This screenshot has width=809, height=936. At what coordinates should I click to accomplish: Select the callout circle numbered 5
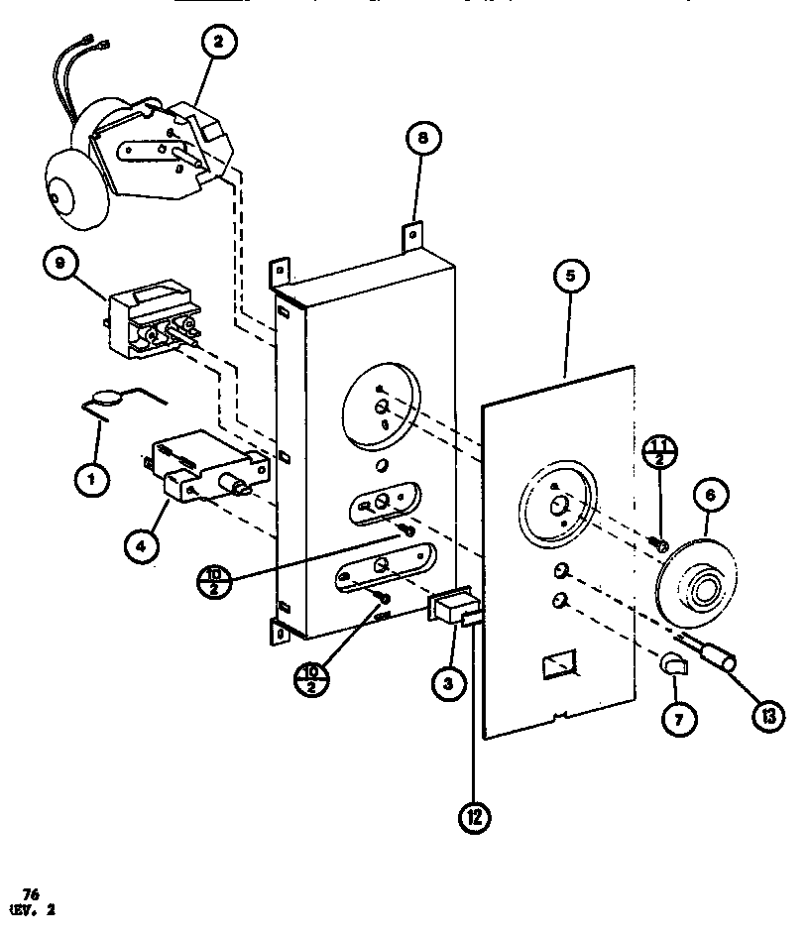pos(570,277)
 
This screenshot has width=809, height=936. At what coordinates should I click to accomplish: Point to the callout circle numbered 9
pos(62,265)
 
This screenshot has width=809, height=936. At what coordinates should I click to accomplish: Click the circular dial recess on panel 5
pos(556,500)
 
